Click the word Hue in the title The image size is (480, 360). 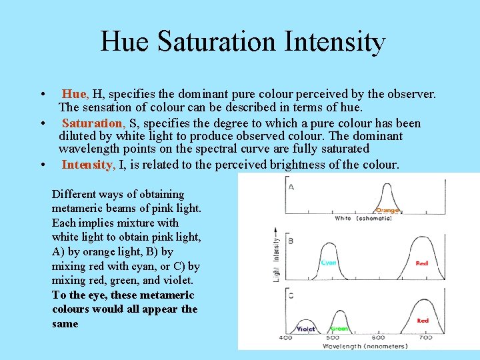(x=126, y=41)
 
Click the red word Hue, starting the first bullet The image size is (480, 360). (x=75, y=95)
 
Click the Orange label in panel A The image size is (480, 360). (x=387, y=210)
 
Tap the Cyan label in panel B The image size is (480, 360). (x=329, y=263)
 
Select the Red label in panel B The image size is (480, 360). (x=422, y=263)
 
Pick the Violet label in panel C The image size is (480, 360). (x=306, y=329)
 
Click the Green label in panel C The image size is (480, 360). (x=339, y=328)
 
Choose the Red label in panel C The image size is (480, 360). (x=423, y=321)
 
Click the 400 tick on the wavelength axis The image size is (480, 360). (x=285, y=338)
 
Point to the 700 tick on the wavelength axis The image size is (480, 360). (x=426, y=338)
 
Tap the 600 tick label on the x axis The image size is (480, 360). (x=379, y=338)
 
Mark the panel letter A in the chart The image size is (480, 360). (x=291, y=187)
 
